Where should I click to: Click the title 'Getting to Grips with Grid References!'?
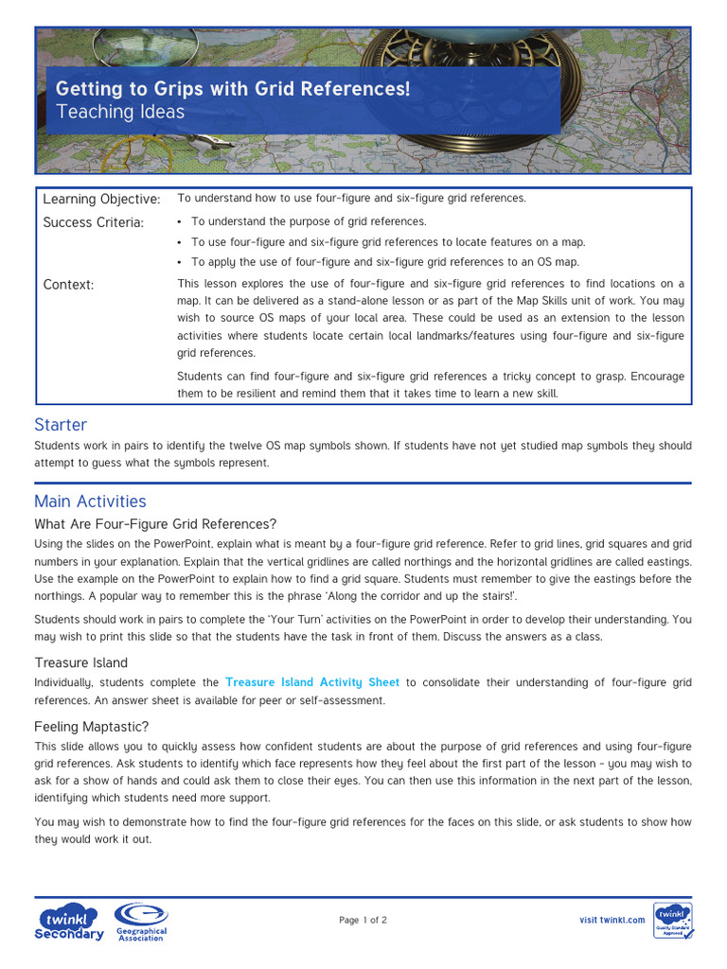(x=233, y=89)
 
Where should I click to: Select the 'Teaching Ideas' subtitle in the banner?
(x=120, y=113)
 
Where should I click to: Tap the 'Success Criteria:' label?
(x=94, y=222)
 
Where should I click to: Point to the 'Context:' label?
(x=69, y=285)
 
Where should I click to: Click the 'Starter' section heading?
(x=61, y=425)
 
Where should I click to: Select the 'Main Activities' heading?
(x=90, y=502)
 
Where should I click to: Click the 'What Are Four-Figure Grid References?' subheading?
(x=155, y=524)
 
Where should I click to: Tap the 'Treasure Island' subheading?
(x=81, y=662)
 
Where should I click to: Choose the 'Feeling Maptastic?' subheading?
(x=92, y=727)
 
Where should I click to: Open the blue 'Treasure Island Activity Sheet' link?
(x=312, y=682)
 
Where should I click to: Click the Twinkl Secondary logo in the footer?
(x=69, y=923)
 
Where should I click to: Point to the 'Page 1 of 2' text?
(x=363, y=920)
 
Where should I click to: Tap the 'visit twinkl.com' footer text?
(x=612, y=920)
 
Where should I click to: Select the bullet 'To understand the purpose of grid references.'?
(x=309, y=221)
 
